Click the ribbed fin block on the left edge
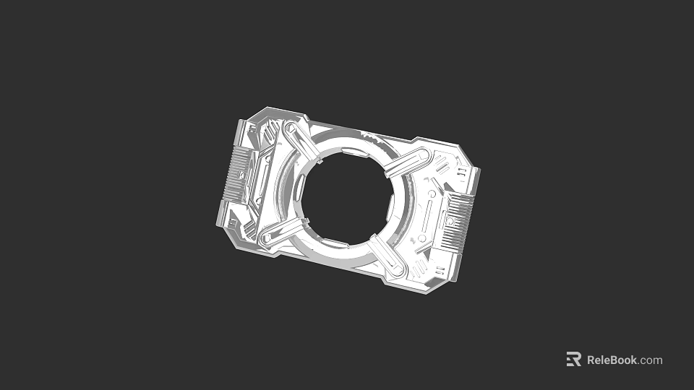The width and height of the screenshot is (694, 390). point(236,174)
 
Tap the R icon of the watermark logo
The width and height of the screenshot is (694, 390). point(573,360)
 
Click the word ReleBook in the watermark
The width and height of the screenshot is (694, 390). point(612,360)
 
